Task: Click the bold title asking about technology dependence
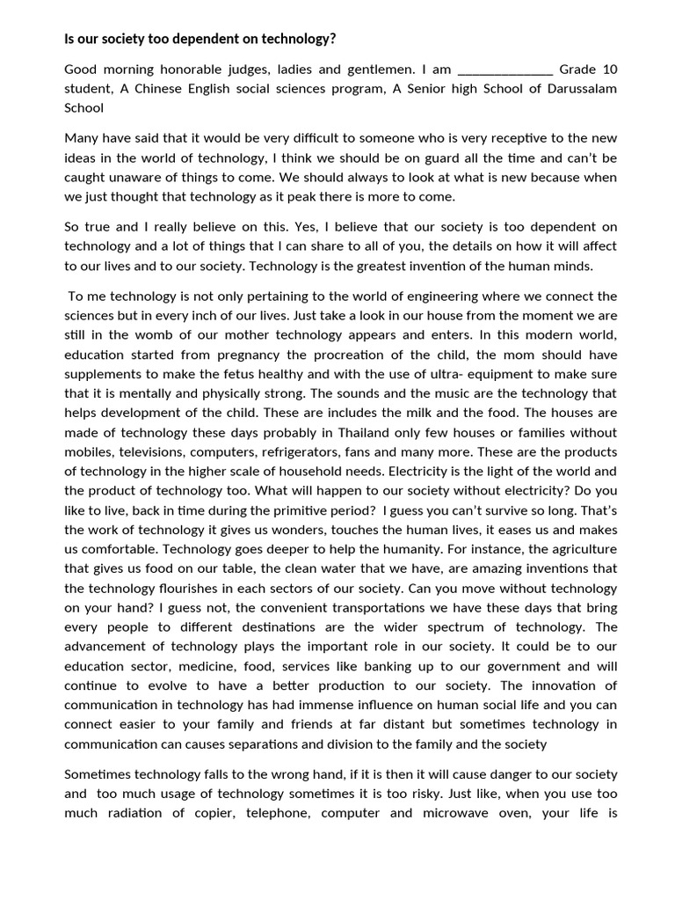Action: pos(200,40)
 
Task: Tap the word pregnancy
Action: pos(241,355)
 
